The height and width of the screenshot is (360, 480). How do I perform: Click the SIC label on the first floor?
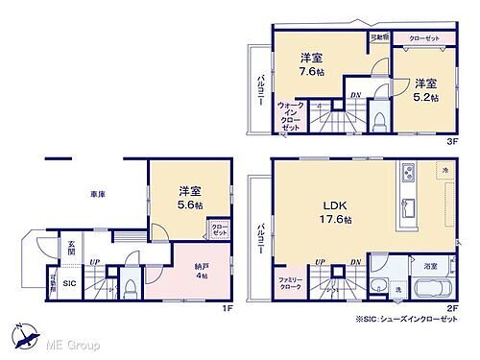[69, 283]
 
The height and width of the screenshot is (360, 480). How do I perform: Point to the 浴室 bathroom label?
[431, 265]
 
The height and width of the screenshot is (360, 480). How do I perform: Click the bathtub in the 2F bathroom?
[433, 289]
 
